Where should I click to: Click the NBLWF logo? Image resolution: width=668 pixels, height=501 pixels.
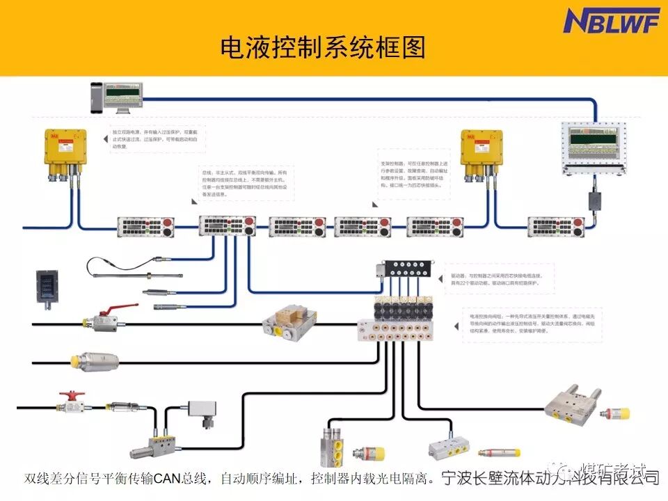[610, 21]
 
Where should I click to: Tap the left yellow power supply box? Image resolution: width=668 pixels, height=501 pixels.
[65, 150]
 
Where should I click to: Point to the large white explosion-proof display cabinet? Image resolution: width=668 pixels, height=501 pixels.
[594, 147]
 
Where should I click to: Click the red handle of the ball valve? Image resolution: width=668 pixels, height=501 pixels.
[109, 312]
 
